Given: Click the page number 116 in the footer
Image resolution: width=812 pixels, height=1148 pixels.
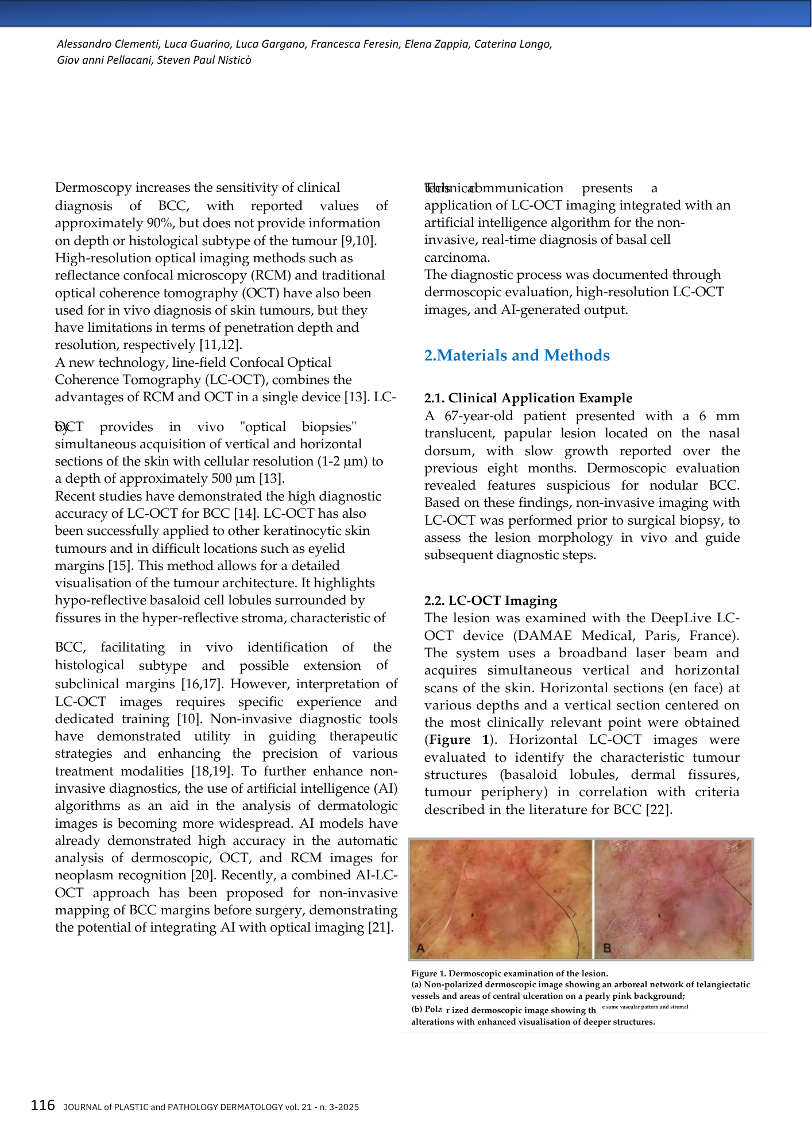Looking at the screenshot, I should (x=43, y=1105).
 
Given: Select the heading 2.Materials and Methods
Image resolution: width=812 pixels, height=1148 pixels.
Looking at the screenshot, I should (x=516, y=355).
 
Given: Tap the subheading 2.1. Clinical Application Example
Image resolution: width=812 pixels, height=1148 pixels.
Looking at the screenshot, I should (x=528, y=398).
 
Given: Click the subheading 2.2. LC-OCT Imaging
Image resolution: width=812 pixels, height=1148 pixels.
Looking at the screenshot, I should (x=490, y=600).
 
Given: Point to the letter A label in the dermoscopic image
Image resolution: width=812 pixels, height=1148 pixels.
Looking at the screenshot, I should (x=421, y=948).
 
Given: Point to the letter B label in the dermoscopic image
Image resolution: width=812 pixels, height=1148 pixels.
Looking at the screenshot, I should (x=607, y=948).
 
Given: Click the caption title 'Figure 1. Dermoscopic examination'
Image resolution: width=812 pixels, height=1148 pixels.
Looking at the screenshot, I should (x=509, y=974).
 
